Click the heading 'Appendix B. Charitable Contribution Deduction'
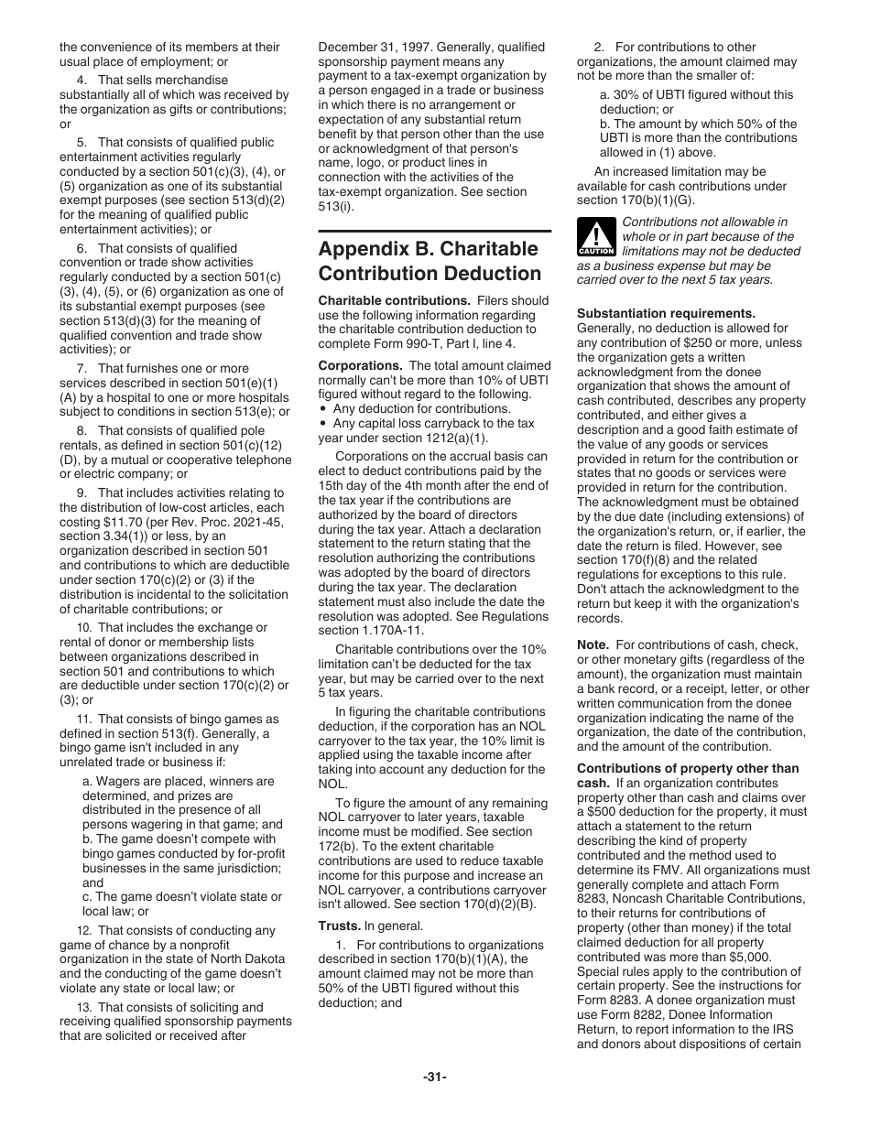(429, 261)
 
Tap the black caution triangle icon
(596, 238)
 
